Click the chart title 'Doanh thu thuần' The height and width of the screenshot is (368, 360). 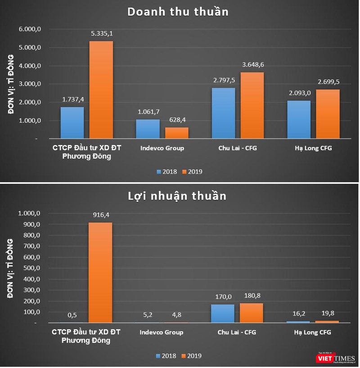click(x=178, y=12)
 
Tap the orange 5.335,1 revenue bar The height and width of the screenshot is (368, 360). click(x=101, y=90)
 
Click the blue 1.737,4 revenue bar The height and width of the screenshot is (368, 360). click(x=72, y=123)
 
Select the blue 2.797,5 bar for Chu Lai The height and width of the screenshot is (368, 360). click(x=223, y=113)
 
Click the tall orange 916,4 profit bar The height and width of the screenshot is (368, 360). click(x=100, y=273)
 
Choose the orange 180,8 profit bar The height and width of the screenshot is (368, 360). click(x=252, y=313)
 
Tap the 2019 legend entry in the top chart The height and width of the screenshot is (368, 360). click(x=192, y=172)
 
